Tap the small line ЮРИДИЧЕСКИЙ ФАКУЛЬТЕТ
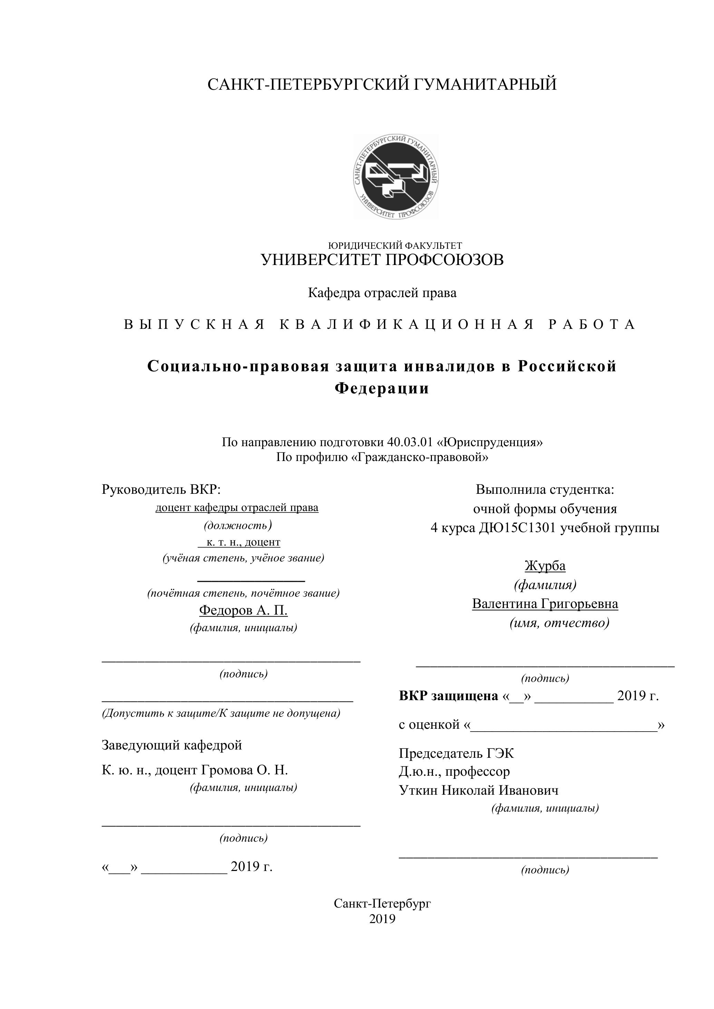click(x=395, y=246)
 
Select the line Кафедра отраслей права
click(x=382, y=293)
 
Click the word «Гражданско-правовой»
click(x=420, y=457)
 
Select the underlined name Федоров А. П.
click(x=243, y=610)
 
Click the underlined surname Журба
click(x=545, y=566)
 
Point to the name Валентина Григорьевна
click(x=545, y=604)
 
